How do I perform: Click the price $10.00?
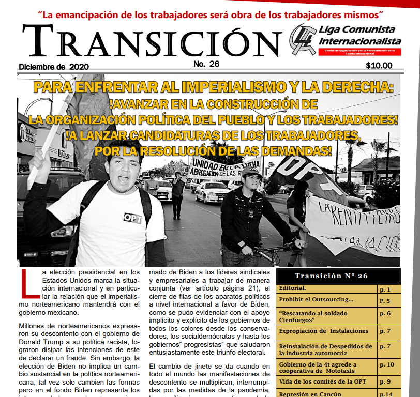pos(379,66)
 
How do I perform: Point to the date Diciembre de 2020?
pos(54,67)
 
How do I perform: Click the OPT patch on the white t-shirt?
pos(132,218)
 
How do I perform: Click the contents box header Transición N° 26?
pos(338,276)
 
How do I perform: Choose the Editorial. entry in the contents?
pos(293,288)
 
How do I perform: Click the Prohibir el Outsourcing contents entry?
pos(316,300)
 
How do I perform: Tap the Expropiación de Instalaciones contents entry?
pos(324,331)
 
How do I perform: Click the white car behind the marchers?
pos(213,191)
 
